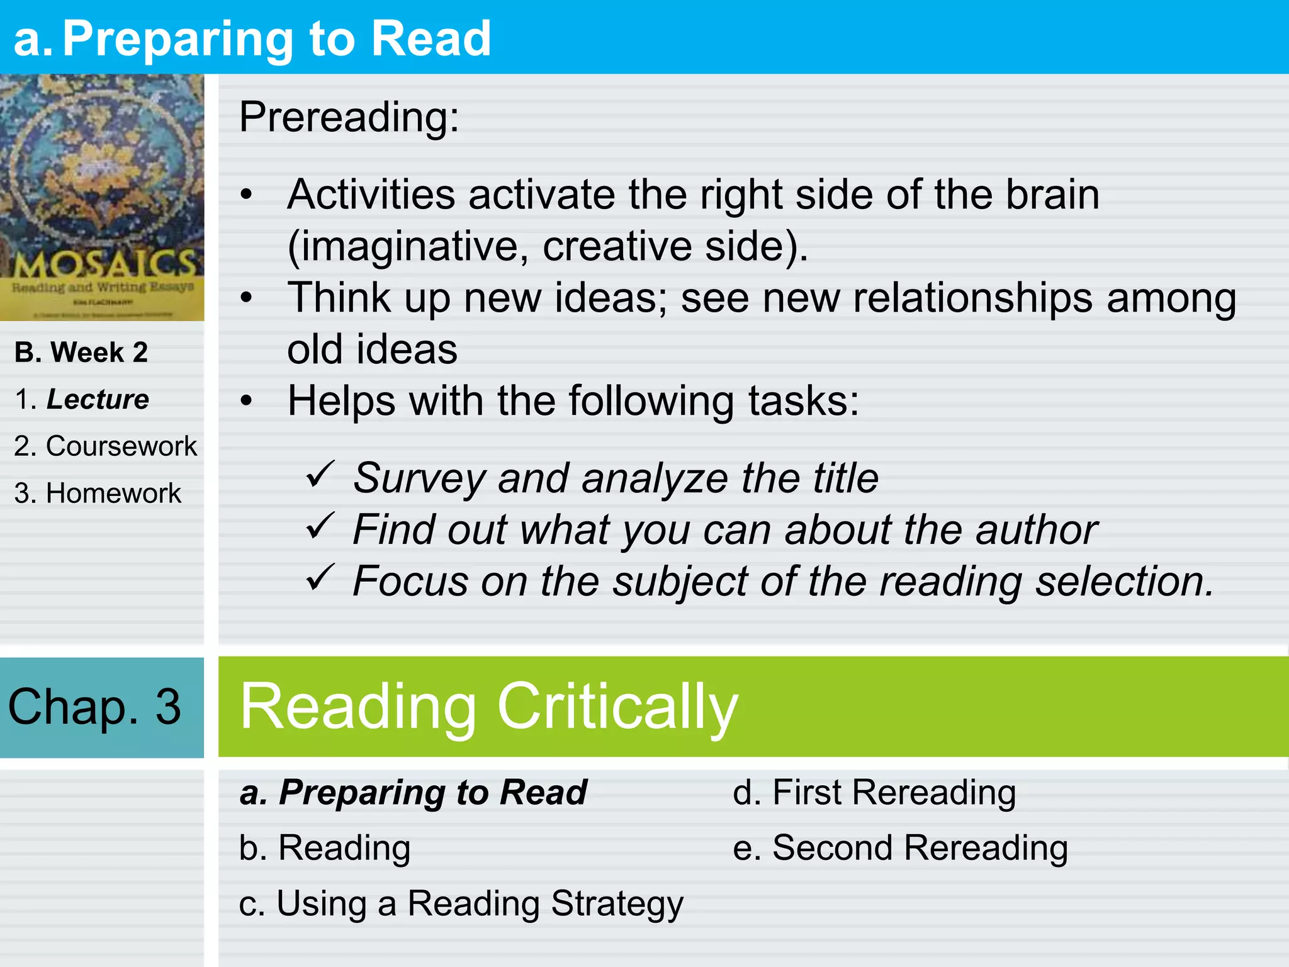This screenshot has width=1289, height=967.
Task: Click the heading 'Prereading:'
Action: [x=349, y=117]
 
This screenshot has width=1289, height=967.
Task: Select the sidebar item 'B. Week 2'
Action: [x=81, y=352]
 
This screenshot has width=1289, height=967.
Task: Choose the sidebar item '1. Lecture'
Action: [x=82, y=399]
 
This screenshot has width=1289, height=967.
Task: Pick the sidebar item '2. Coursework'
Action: [x=105, y=446]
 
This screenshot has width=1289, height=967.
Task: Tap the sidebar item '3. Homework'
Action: [x=98, y=493]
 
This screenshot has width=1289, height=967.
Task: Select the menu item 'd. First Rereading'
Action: [x=874, y=792]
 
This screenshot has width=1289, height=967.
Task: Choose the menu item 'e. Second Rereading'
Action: [x=900, y=847]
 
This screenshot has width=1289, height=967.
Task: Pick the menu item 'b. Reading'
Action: [x=325, y=847]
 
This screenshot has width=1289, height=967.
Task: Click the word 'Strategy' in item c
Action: [x=617, y=904]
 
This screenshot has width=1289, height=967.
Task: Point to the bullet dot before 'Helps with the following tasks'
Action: [x=247, y=400]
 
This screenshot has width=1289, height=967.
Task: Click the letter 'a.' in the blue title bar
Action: [x=33, y=39]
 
